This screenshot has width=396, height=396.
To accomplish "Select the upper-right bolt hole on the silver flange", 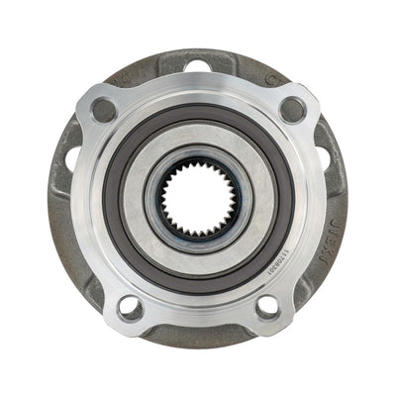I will [292, 109].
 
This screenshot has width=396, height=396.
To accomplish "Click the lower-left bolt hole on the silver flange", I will [131, 307].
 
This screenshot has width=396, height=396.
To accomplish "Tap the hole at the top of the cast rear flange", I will [199, 66].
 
